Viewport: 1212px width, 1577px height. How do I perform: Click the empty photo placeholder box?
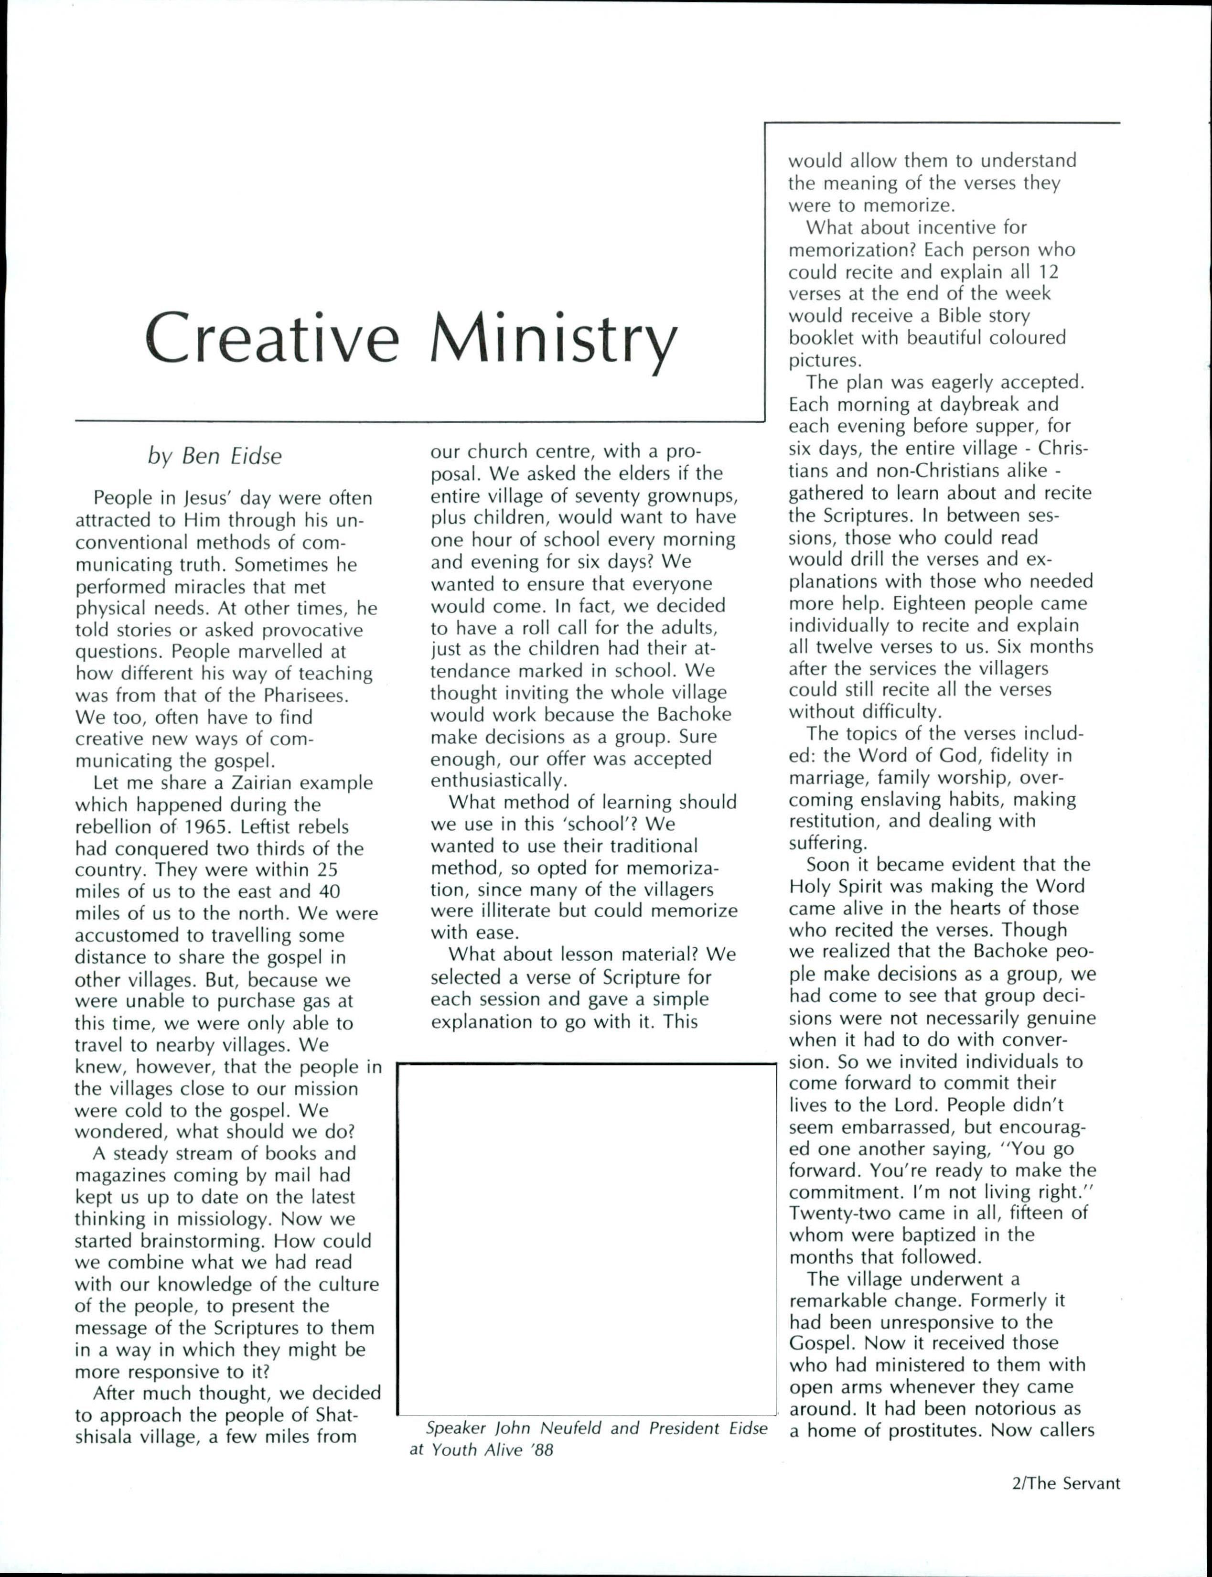pyautogui.click(x=586, y=1239)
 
